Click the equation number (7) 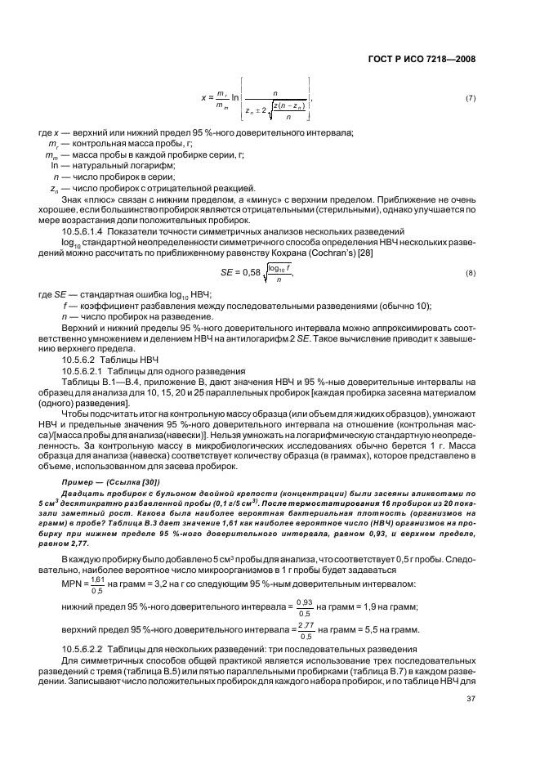470,99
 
